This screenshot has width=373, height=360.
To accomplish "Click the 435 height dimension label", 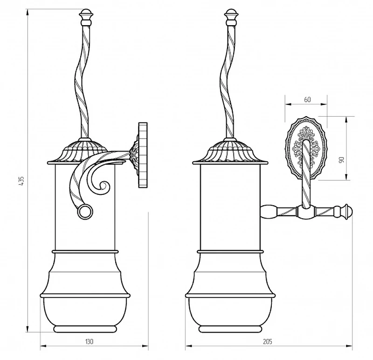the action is pyautogui.click(x=21, y=181).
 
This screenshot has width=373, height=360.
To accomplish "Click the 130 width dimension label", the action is pyautogui.click(x=89, y=342).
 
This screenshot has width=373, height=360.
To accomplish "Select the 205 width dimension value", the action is pyautogui.click(x=268, y=342).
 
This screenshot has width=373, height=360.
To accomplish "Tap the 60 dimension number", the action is pyautogui.click(x=307, y=99).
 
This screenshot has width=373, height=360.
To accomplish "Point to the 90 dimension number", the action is pyautogui.click(x=342, y=159).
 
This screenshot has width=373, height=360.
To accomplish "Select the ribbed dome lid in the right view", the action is pyautogui.click(x=230, y=152).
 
